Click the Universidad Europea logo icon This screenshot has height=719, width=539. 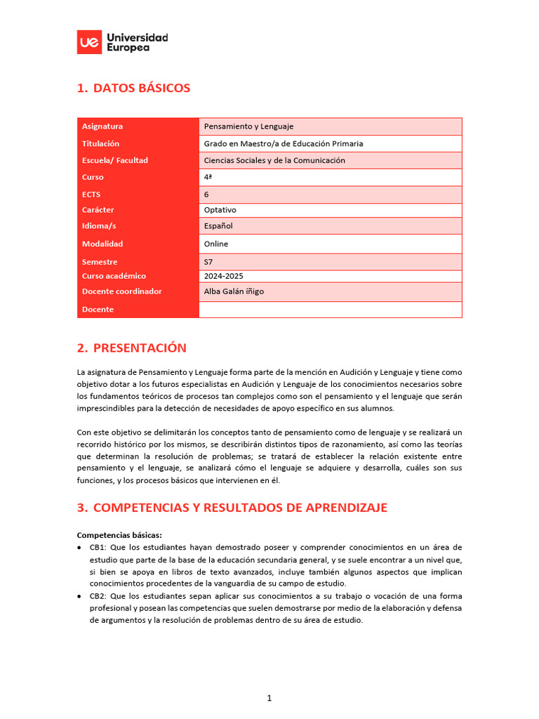pyautogui.click(x=88, y=42)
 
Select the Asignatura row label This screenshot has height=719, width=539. pyautogui.click(x=102, y=126)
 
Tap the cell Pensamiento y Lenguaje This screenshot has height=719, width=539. pyautogui.click(x=248, y=126)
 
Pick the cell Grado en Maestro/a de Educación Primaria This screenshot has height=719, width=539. pyautogui.click(x=284, y=143)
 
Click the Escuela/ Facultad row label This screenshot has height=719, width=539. pyautogui.click(x=115, y=160)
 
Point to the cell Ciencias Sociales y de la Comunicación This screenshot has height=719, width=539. pyautogui.click(x=274, y=160)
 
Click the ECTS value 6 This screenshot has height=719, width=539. pyautogui.click(x=206, y=194)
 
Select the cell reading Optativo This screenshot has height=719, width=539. pyautogui.click(x=220, y=210)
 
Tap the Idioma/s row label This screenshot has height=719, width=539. pyautogui.click(x=99, y=226)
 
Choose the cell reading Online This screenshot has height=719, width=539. pyautogui.click(x=215, y=244)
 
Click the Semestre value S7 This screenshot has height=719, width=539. pyautogui.click(x=208, y=262)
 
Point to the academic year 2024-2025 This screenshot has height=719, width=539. pyautogui.click(x=223, y=276)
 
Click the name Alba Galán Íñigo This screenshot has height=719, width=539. pyautogui.click(x=234, y=291)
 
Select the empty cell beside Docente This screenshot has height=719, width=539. pyautogui.click(x=330, y=310)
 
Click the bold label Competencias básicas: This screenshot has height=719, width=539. pyautogui.click(x=119, y=535)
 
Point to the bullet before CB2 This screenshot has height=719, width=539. pyautogui.click(x=80, y=596)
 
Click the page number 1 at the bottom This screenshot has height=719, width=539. pyautogui.click(x=269, y=698)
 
